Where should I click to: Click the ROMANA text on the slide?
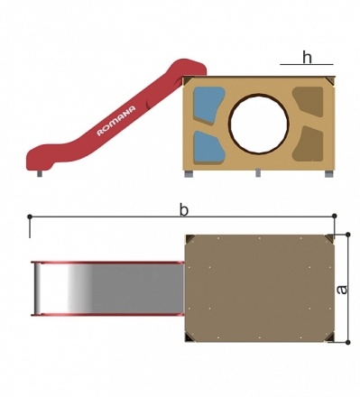tap(116, 121)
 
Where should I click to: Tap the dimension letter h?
tap(307, 57)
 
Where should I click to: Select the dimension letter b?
tap(184, 209)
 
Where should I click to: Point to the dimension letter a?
tap(342, 290)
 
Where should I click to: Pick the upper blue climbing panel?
tap(208, 105)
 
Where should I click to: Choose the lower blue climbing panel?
tap(208, 147)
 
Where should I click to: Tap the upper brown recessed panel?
tap(308, 102)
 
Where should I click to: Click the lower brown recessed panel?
tap(308, 143)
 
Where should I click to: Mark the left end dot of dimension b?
tap(30, 217)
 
